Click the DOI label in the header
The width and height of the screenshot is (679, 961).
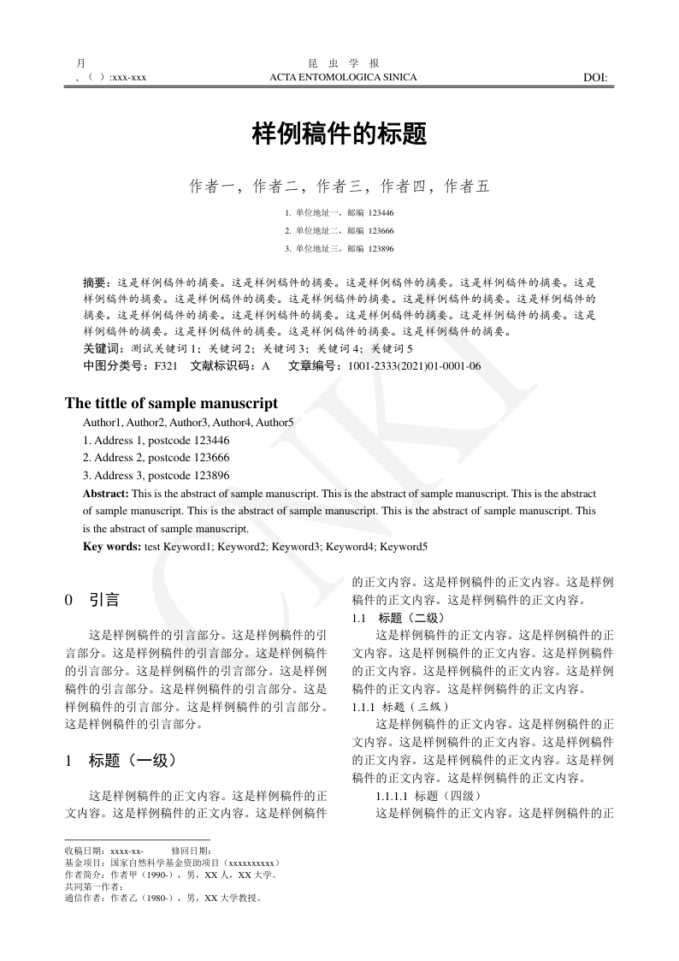coord(595,78)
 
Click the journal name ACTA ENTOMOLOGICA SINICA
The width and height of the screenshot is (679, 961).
coord(343,78)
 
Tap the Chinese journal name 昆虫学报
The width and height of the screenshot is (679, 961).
coord(343,63)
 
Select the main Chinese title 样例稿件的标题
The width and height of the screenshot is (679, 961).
coord(339,134)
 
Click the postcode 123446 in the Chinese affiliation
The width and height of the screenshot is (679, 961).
coord(381,212)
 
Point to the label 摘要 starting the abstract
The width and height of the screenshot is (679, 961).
coord(97,282)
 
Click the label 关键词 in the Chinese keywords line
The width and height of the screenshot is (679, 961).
coord(99,349)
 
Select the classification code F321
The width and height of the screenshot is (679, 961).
coord(166,366)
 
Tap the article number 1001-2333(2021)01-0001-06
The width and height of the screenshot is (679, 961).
coord(414,366)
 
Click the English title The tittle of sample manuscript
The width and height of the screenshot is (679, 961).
coord(171,403)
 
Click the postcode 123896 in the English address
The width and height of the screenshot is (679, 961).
coord(212,476)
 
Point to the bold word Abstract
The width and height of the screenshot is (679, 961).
coord(105,494)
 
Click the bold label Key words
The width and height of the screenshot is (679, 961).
coord(111,547)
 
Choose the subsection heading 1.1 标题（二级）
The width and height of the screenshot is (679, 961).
coord(399,618)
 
